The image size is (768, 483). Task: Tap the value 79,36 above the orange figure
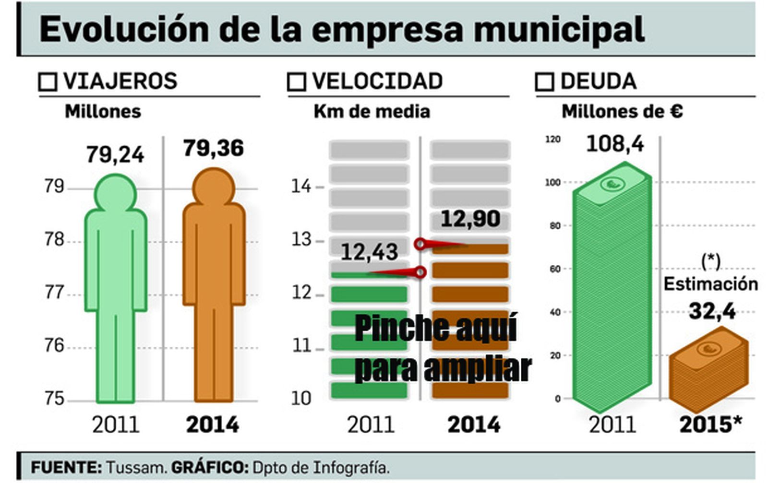[213, 148]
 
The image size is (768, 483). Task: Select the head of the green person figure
[115, 193]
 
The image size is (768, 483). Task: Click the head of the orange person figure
[214, 187]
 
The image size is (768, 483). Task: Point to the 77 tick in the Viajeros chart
[54, 292]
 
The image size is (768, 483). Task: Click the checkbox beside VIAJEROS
[48, 82]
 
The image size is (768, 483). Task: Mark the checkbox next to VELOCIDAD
[296, 82]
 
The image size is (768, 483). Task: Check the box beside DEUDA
[544, 82]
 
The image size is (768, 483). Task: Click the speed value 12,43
[369, 252]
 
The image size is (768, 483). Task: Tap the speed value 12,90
[470, 219]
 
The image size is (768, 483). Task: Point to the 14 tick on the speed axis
[301, 186]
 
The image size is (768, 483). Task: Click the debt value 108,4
[615, 144]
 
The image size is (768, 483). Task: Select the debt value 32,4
[712, 312]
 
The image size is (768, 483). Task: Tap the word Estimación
[710, 284]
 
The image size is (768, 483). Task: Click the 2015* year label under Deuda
[710, 425]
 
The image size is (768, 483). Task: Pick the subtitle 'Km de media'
[372, 112]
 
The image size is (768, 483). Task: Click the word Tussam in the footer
[136, 467]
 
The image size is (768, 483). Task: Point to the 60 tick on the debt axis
[555, 269]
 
